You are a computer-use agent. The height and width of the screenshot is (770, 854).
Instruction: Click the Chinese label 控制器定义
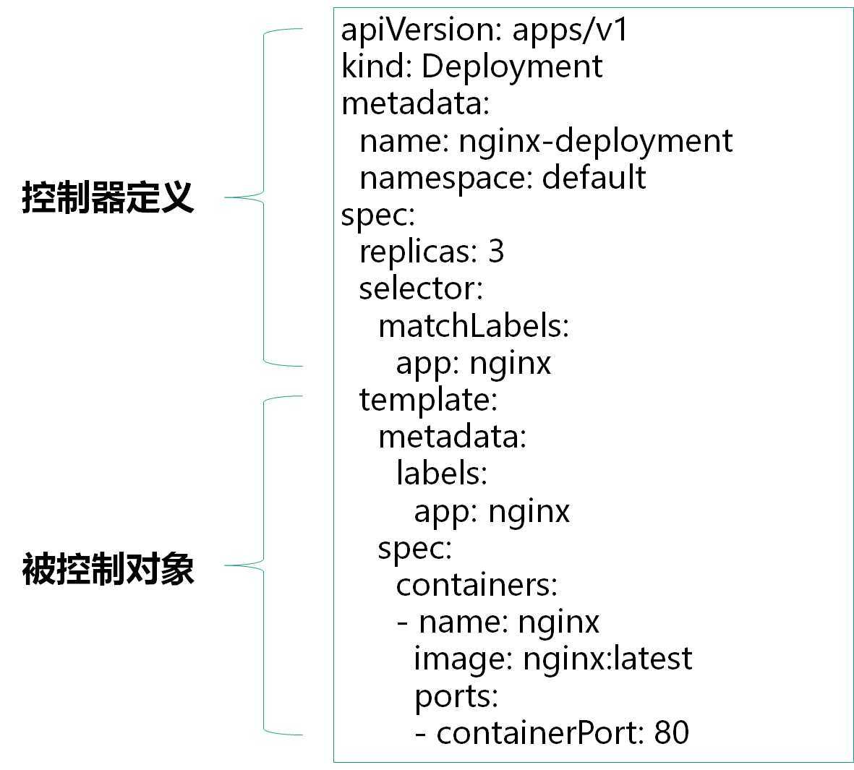pyautogui.click(x=108, y=197)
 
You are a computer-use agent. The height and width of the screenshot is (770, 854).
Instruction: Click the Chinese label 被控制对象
pyautogui.click(x=108, y=569)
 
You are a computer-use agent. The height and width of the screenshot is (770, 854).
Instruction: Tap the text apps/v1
pyautogui.click(x=571, y=30)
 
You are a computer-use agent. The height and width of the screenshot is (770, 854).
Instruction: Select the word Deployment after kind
pyautogui.click(x=511, y=67)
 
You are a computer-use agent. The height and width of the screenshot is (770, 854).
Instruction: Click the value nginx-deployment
pyautogui.click(x=595, y=140)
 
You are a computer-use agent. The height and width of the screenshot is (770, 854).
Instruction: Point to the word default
pyautogui.click(x=594, y=177)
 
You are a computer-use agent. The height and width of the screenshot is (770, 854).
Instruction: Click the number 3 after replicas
pyautogui.click(x=496, y=252)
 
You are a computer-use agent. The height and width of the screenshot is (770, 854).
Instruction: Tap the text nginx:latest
pyautogui.click(x=607, y=659)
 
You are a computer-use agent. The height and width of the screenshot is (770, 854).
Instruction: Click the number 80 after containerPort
pyautogui.click(x=672, y=732)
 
